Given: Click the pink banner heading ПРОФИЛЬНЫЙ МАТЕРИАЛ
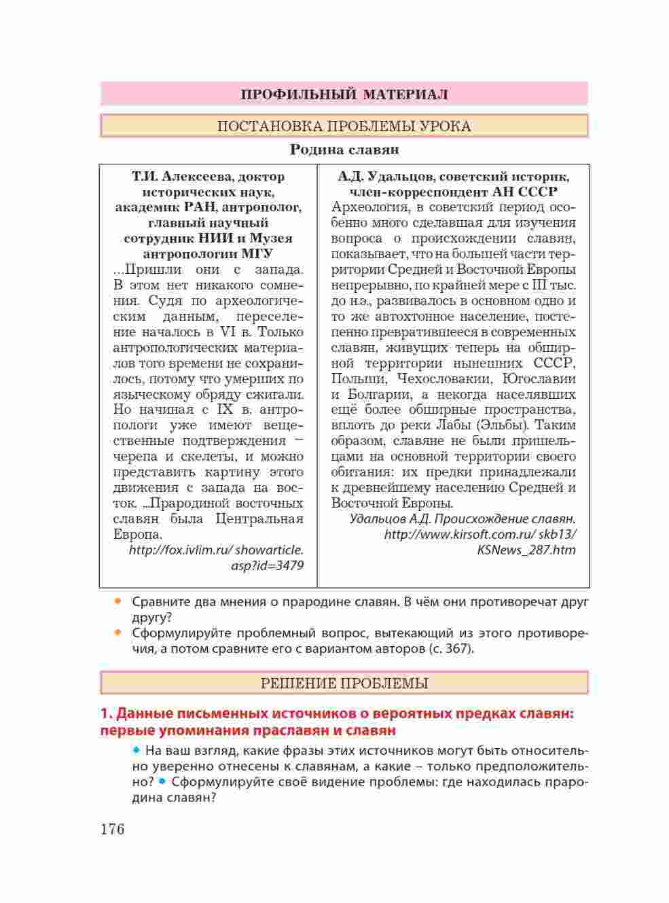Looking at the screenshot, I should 344,94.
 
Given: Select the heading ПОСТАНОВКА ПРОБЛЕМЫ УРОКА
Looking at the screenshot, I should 344,126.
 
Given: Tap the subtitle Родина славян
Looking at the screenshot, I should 344,149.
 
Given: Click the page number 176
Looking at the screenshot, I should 113,829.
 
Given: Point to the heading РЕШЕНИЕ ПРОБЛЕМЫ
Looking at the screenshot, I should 344,683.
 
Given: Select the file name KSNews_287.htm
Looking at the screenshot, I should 526,550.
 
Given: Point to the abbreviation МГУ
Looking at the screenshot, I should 257,254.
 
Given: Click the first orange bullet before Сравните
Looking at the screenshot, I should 118,601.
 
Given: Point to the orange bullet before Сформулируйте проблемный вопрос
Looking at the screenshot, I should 118,633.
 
